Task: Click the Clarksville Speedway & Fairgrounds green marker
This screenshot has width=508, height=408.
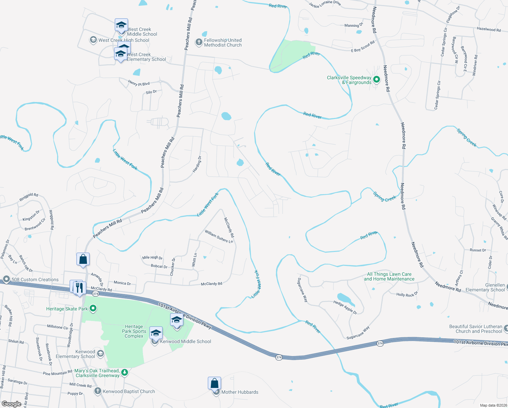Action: [376, 80]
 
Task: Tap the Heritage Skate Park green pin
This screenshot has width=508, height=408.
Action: [93, 309]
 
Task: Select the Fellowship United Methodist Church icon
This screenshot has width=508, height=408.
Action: [199, 42]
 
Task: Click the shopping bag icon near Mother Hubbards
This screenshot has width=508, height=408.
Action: [214, 384]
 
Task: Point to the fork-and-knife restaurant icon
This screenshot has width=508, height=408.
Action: [79, 288]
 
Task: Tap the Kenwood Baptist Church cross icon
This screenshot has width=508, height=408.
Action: [98, 391]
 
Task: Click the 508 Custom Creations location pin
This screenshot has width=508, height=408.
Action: [6, 279]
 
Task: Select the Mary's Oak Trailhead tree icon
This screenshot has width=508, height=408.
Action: [125, 373]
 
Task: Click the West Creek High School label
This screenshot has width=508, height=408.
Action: [124, 40]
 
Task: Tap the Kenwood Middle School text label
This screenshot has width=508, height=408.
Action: [185, 341]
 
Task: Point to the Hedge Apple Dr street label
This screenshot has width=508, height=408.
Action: [345, 307]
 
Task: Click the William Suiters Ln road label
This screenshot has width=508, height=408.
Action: [219, 237]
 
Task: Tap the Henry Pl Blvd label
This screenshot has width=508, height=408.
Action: [139, 83]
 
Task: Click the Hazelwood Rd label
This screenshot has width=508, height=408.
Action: [489, 30]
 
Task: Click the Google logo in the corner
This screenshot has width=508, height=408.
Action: [12, 404]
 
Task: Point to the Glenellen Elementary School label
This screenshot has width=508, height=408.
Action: [485, 287]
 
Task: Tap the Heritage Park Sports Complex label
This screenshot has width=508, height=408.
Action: [134, 331]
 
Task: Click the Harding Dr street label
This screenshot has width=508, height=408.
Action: [197, 164]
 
